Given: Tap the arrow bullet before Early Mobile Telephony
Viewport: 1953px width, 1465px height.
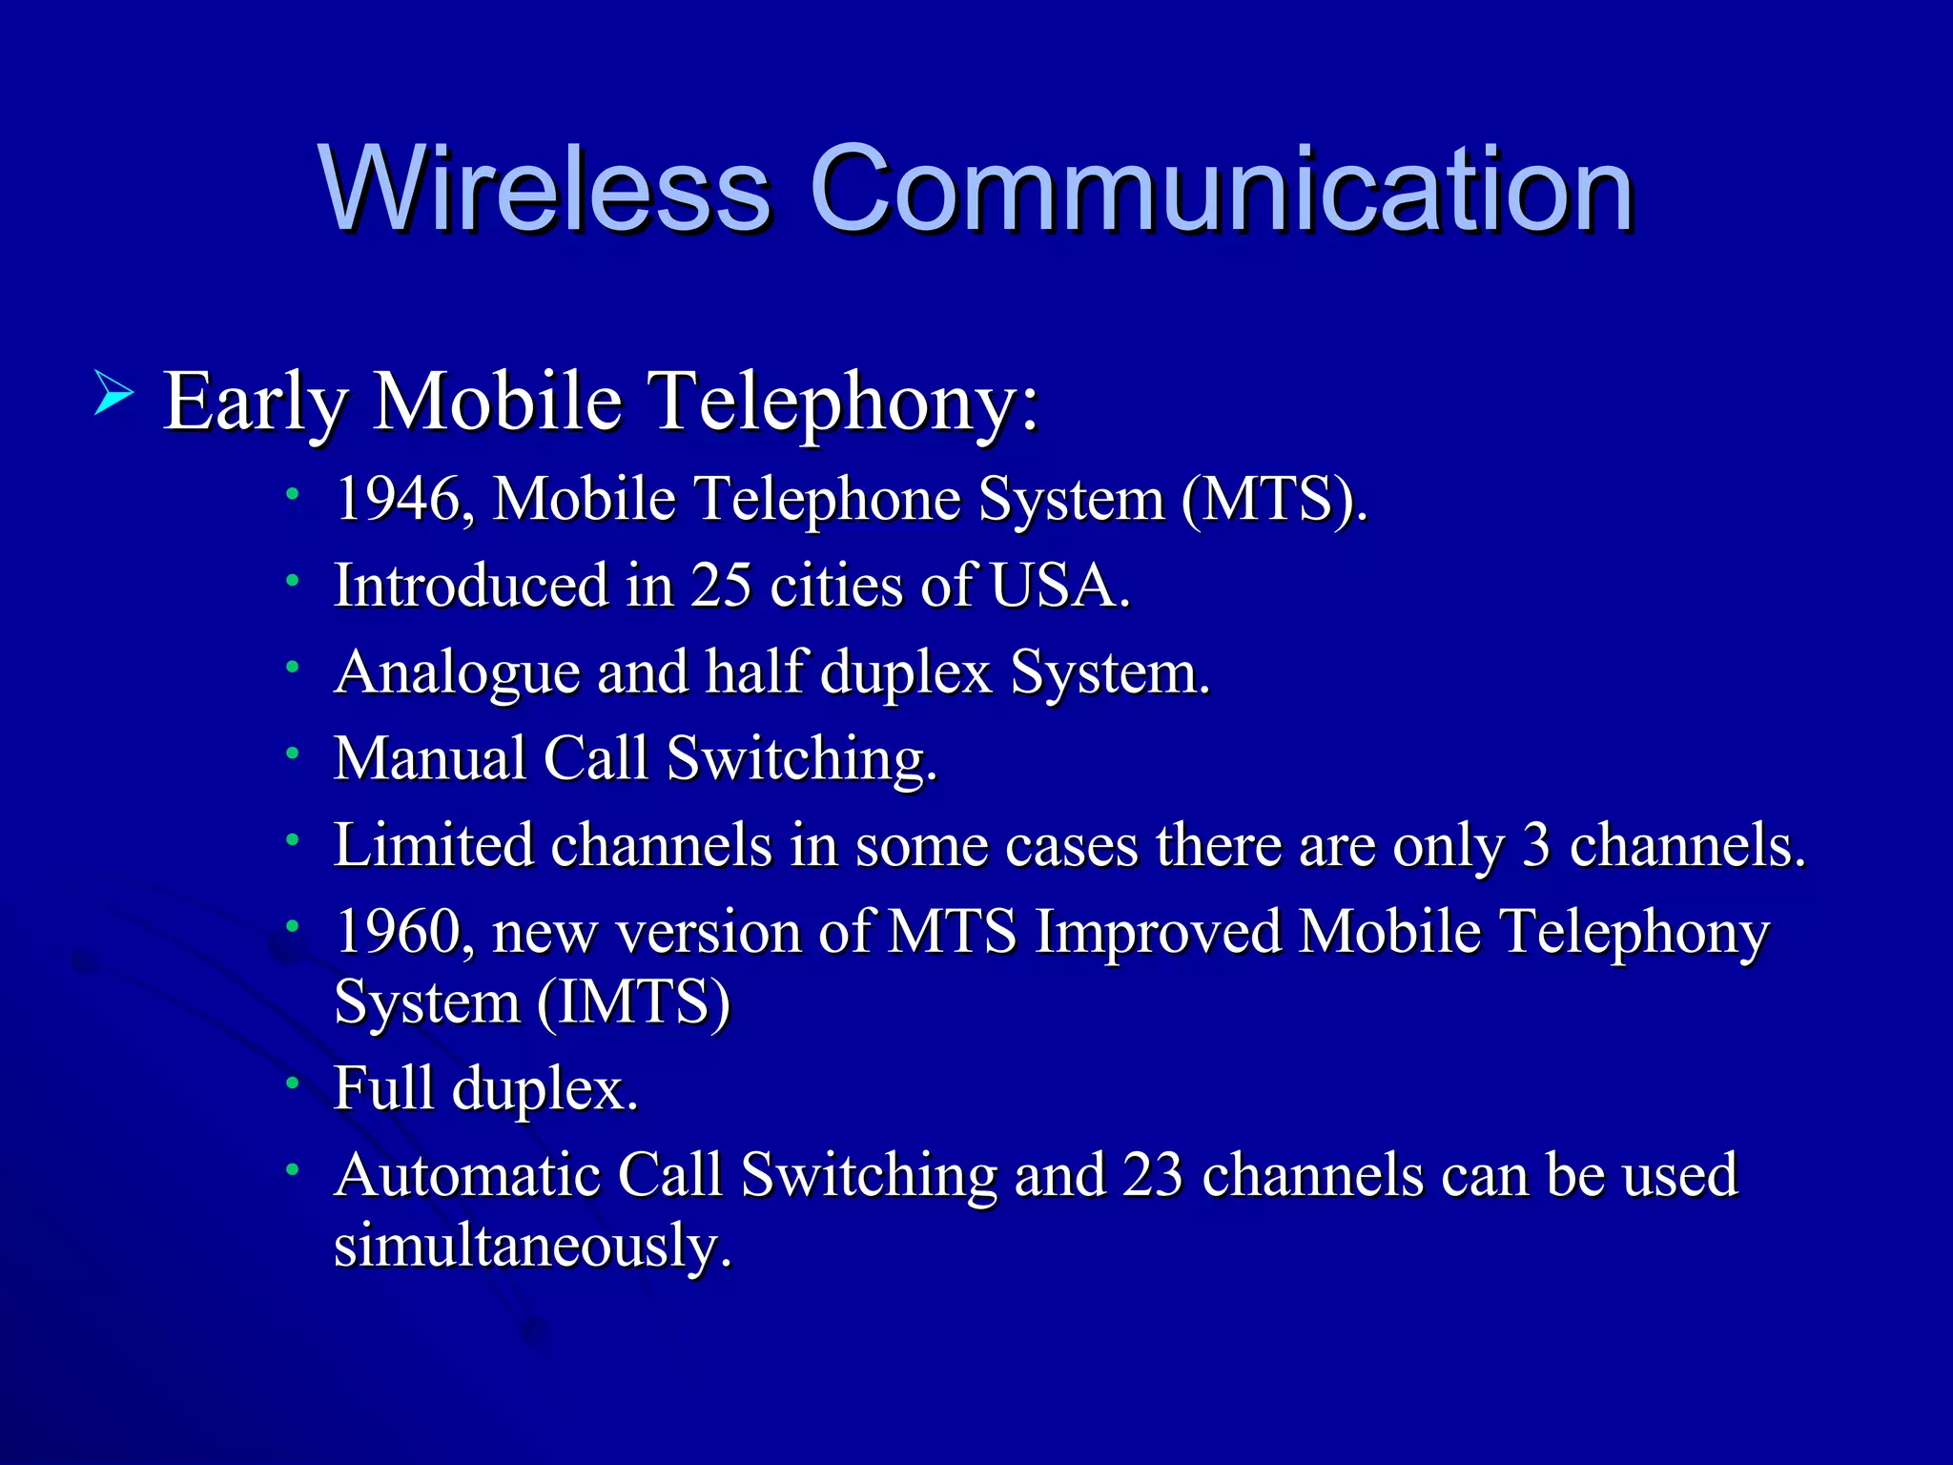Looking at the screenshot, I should (113, 395).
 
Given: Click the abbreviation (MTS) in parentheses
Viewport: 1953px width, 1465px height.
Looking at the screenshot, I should (1272, 499).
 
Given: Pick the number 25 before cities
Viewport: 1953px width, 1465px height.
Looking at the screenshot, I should (721, 585).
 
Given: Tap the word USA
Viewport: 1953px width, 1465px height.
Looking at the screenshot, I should (1059, 585).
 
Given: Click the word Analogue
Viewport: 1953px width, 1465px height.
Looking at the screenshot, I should (457, 672).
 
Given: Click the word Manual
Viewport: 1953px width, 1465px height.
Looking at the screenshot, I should (429, 758).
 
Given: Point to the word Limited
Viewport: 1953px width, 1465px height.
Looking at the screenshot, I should (433, 845).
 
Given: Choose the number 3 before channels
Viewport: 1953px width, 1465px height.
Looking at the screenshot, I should (1535, 845).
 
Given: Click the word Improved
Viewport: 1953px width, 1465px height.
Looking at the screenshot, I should (1158, 932).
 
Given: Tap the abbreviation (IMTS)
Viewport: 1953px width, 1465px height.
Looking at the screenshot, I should (633, 1001).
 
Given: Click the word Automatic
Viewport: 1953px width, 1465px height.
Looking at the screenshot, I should (466, 1174).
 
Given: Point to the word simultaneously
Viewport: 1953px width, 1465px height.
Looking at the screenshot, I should (532, 1246).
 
